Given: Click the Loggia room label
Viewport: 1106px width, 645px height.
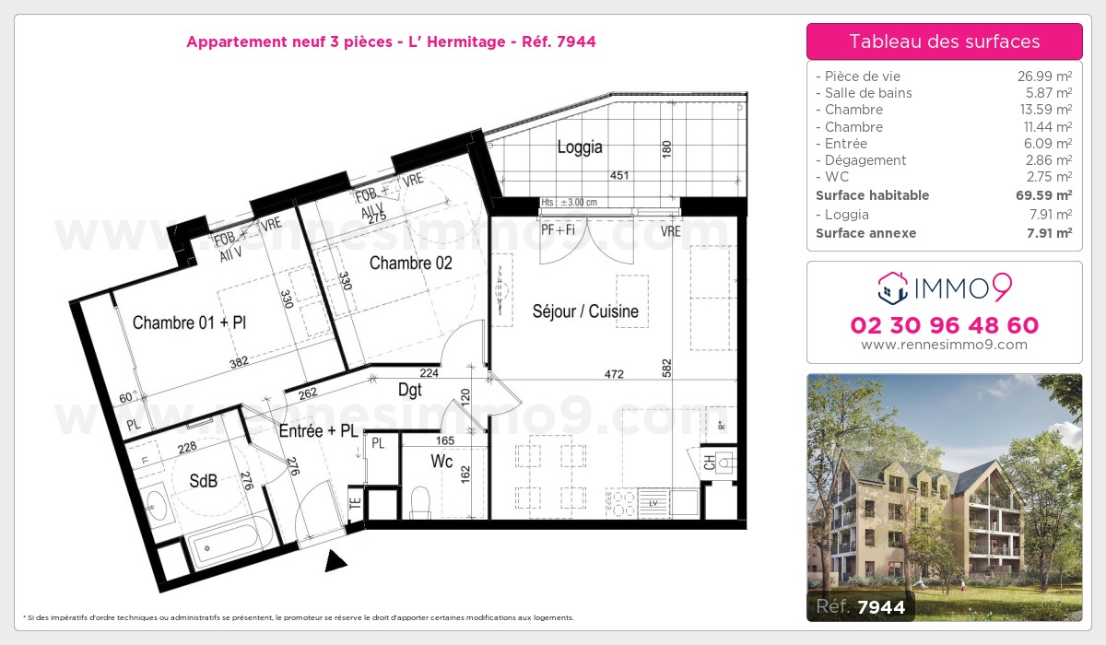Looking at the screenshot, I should coord(580,147).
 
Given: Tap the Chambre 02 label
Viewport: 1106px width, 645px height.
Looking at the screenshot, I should coord(411,264).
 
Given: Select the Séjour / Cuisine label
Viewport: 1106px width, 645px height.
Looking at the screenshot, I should coord(585,311).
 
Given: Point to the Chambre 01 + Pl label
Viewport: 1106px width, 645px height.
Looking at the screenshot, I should coord(189,322).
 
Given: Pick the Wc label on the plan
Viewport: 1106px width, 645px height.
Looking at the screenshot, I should coord(441,462).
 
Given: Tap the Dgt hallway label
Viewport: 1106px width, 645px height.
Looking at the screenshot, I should coord(410,391).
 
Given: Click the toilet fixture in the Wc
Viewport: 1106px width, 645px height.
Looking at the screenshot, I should coord(421,501).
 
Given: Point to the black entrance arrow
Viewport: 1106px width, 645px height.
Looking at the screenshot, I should coord(336,559).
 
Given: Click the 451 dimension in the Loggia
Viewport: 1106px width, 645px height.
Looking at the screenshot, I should coord(621,175).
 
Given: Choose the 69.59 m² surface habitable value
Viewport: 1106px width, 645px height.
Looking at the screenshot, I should coord(1050,195).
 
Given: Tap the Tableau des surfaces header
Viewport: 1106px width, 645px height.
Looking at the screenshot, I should coord(944,41).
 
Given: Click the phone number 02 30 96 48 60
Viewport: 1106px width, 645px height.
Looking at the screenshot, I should coord(944,325).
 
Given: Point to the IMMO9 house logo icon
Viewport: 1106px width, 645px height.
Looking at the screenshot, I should coord(892,288).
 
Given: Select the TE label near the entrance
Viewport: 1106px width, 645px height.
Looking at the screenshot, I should coord(355,504).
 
